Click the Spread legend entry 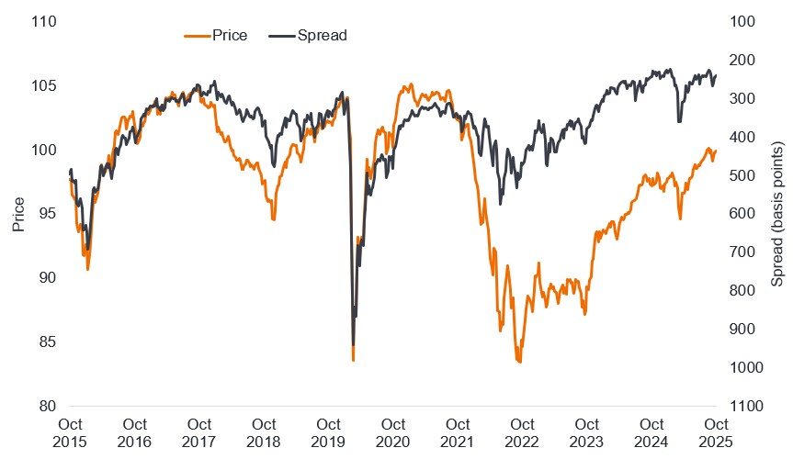point(310,35)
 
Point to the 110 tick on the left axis point(42,21)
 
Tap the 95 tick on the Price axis point(46,214)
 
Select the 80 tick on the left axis point(46,406)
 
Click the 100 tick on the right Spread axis point(743,21)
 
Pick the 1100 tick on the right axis point(747,406)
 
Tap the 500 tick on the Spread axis point(743,175)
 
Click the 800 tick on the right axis point(743,291)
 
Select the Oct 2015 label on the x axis point(71,432)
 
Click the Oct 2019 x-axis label point(329,432)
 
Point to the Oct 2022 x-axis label point(522,432)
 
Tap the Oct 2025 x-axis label point(715,432)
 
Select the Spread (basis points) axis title point(777,214)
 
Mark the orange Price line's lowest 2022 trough point(520,363)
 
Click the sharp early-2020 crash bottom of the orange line point(354,360)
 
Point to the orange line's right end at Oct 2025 point(716,150)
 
